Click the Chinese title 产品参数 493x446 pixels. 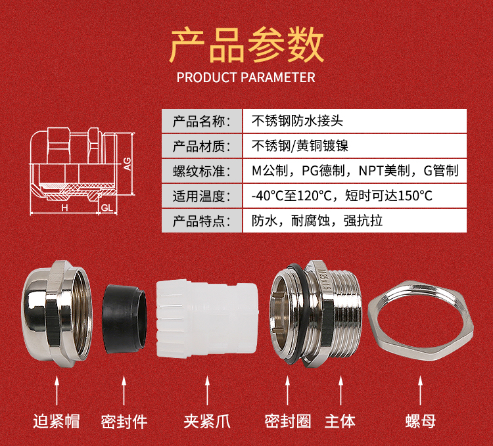coord(246,45)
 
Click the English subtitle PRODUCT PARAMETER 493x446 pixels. coord(246,78)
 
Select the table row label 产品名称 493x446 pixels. coord(202,122)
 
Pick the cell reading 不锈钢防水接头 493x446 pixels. coord(297,121)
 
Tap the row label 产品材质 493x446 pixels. coord(202,146)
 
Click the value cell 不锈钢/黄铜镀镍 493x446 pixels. coord(300,146)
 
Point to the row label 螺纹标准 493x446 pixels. coord(202,171)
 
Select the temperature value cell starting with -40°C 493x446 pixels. coord(342,196)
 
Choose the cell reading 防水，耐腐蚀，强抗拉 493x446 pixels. coord(317,221)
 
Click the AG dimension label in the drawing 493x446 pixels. coord(127,164)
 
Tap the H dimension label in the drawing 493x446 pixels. coord(65,208)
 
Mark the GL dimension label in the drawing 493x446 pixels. coord(107,208)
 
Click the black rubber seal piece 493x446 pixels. coord(124,319)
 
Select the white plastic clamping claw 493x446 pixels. coord(207,320)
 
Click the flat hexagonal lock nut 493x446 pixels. coord(421,321)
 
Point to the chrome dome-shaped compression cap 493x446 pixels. coord(57,314)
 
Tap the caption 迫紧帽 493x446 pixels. coord(57,421)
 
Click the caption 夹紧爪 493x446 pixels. coord(207,421)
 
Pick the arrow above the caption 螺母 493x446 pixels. coord(421,391)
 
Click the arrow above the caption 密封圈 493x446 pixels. coord(287,391)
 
